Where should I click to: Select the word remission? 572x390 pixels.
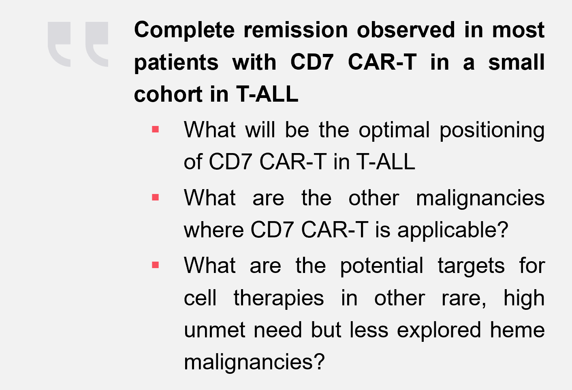point(295,30)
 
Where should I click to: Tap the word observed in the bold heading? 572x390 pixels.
point(406,30)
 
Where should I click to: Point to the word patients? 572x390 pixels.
point(176,63)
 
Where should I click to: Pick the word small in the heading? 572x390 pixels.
point(517,62)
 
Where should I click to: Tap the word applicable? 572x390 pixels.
point(453,230)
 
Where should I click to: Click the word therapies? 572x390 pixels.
point(279,298)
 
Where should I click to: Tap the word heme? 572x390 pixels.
point(517,330)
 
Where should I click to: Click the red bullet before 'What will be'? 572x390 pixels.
point(155,130)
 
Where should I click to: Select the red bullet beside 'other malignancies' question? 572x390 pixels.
point(155,197)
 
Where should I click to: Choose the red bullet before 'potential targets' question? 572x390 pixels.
point(155,265)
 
